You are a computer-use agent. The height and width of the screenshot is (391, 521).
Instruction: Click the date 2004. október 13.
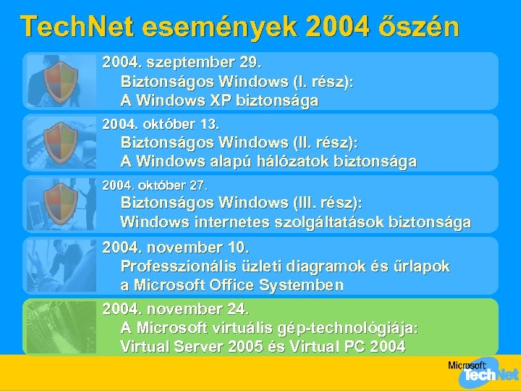tap(161, 125)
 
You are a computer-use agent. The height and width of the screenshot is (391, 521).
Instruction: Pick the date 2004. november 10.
tap(176, 248)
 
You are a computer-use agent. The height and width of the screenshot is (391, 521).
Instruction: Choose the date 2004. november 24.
tap(176, 309)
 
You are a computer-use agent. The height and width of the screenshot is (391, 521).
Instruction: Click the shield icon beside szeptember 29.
tap(61, 80)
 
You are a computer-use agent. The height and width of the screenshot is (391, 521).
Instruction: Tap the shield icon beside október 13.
tap(61, 142)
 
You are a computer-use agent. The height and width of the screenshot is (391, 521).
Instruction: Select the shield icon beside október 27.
tap(61, 203)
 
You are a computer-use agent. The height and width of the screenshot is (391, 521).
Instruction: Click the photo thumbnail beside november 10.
tap(61, 265)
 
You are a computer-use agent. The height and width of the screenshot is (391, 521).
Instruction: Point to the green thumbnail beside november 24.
tap(61, 327)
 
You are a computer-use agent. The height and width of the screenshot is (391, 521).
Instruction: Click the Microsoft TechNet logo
tap(482, 371)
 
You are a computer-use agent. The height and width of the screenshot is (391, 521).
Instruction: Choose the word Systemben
tap(296, 285)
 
